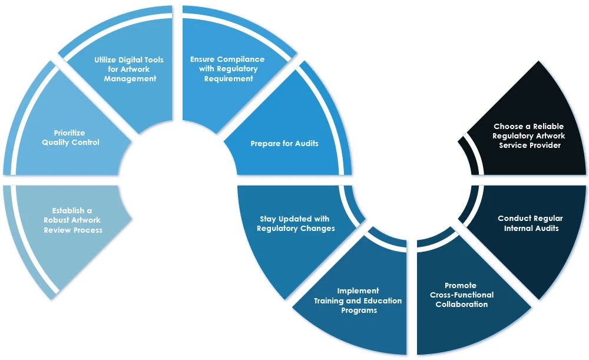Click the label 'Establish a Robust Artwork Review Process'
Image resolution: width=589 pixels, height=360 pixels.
(73, 220)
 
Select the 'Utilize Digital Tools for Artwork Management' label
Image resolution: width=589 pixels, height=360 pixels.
(129, 69)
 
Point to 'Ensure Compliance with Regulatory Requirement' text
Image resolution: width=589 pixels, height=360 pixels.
(227, 68)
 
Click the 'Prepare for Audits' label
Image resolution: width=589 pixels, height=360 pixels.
(284, 143)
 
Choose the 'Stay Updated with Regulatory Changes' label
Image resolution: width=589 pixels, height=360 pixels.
(296, 224)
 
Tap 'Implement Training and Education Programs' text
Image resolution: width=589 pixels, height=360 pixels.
(358, 300)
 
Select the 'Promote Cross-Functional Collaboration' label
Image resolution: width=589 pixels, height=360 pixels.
(462, 295)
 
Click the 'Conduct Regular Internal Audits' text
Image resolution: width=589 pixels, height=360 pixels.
(530, 223)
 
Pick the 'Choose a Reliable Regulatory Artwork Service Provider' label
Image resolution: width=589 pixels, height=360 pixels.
(529, 136)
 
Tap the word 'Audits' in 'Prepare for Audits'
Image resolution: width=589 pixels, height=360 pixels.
(305, 143)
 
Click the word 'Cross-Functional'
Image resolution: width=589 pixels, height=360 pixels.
(462, 295)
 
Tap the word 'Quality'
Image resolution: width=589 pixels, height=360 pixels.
(57, 142)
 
